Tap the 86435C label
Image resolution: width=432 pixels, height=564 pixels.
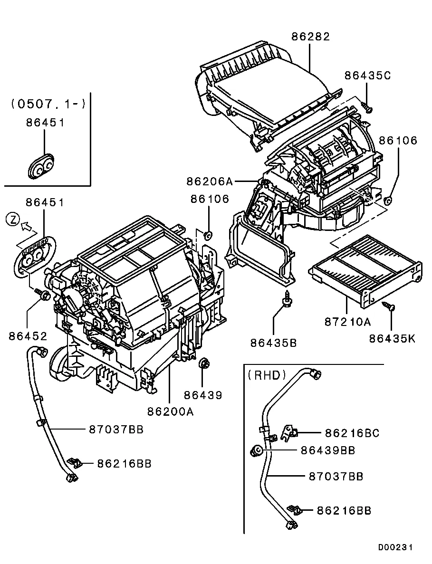368,75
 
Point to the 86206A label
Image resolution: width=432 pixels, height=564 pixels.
210,181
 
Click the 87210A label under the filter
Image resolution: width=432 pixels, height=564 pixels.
347,322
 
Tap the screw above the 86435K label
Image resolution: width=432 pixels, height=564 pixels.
390,307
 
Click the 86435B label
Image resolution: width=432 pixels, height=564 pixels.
273,342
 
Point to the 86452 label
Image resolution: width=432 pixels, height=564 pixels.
28,336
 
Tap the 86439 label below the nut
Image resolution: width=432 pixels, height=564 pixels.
203,395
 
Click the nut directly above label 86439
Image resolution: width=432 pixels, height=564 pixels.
204,363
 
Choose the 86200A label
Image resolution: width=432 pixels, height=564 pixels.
170,412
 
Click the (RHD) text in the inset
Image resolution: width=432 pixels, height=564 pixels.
267,375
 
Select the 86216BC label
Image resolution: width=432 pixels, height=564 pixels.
352,433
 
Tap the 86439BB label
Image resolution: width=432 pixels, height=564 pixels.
327,450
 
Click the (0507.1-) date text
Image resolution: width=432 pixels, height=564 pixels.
48,103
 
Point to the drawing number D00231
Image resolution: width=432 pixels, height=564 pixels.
395,547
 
